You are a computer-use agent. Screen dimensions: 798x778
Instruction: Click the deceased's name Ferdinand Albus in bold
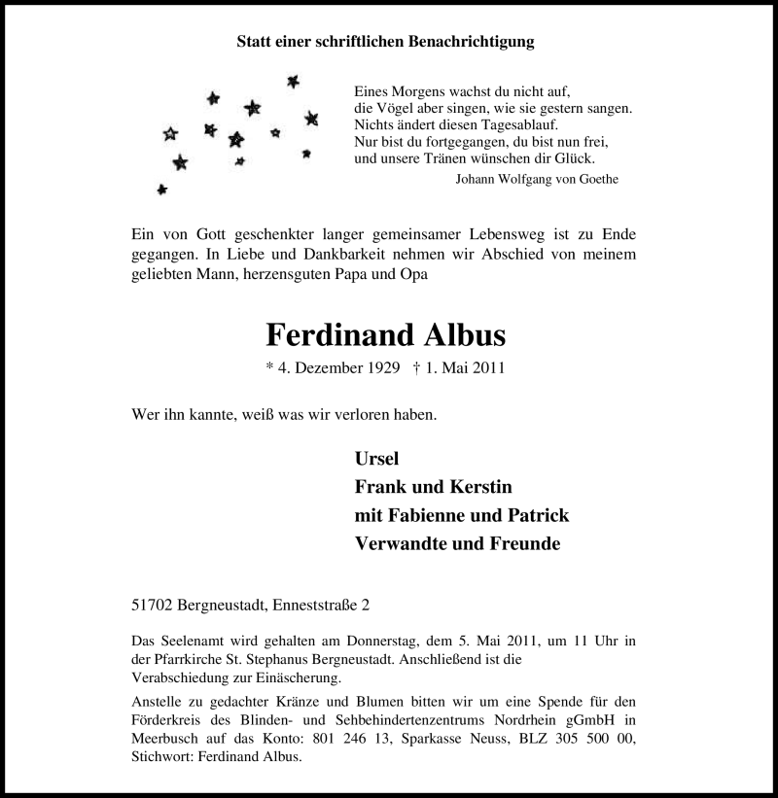(x=386, y=335)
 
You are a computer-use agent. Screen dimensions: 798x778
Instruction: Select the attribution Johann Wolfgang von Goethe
(x=537, y=179)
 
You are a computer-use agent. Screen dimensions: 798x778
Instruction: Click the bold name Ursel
(x=377, y=460)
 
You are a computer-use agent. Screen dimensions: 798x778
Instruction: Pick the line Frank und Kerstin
(x=433, y=487)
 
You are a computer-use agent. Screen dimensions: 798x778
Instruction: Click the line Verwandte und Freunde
(x=457, y=543)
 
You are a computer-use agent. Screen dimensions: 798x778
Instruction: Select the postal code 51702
(x=153, y=606)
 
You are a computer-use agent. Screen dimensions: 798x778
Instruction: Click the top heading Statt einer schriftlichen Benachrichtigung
(x=386, y=42)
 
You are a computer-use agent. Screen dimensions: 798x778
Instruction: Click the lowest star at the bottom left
(x=161, y=189)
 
